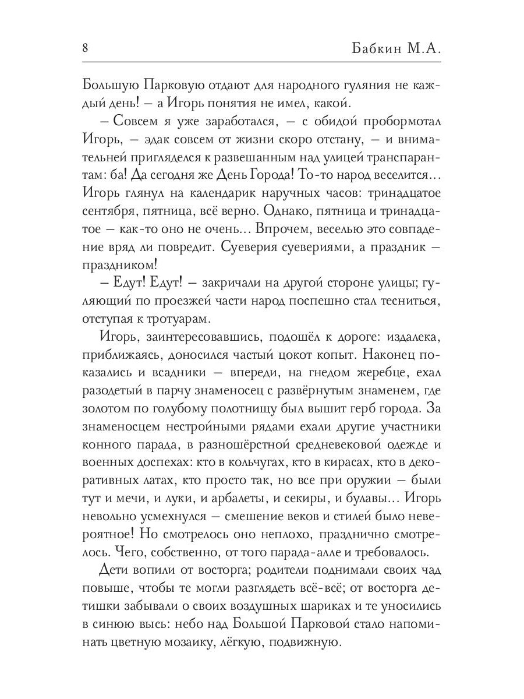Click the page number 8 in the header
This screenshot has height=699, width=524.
(86, 47)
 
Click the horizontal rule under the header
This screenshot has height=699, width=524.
(262, 63)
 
